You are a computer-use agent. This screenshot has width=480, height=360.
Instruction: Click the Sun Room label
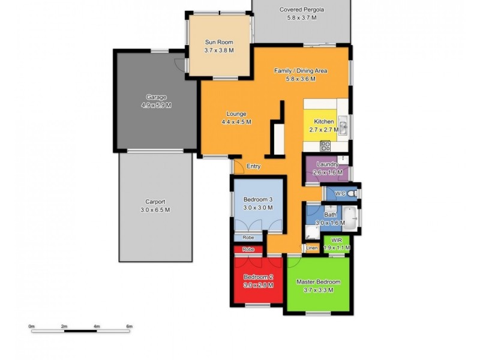pyautogui.click(x=218, y=42)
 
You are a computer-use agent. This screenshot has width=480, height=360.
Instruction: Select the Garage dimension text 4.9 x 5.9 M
pyautogui.click(x=156, y=105)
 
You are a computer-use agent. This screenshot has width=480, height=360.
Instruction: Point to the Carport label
pyautogui.click(x=155, y=202)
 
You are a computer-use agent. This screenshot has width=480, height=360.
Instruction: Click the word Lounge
pyautogui.click(x=236, y=114)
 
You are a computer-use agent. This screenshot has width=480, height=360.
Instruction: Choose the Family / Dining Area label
pyautogui.click(x=301, y=71)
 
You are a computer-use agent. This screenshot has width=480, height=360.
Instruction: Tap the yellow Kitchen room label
pyautogui.click(x=324, y=122)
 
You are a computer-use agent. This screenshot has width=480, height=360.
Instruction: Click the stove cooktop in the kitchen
pyautogui.click(x=325, y=146)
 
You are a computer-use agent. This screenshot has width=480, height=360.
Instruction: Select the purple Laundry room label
pyautogui.click(x=328, y=164)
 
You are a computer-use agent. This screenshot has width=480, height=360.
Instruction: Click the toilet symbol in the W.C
pyautogui.click(x=353, y=193)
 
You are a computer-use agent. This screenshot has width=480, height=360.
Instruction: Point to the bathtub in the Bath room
pyautogui.click(x=350, y=220)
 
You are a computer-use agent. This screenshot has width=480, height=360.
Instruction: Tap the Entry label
pyautogui.click(x=254, y=167)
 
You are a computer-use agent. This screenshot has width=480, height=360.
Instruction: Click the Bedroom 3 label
pyautogui.click(x=258, y=200)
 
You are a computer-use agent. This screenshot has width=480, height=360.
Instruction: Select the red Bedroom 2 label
pyautogui.click(x=258, y=277)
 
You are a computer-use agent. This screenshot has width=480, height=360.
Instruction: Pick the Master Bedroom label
pyautogui.click(x=318, y=282)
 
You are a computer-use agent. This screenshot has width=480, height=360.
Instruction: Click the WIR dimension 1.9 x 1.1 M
pyautogui.click(x=336, y=247)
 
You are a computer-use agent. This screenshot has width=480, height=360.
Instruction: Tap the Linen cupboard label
pyautogui.click(x=311, y=247)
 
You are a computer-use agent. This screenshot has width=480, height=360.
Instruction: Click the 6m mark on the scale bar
pyautogui.click(x=128, y=326)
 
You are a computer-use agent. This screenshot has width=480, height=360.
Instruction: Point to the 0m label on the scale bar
pyautogui.click(x=32, y=326)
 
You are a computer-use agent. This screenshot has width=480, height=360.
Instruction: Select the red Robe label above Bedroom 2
pyautogui.click(x=248, y=250)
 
